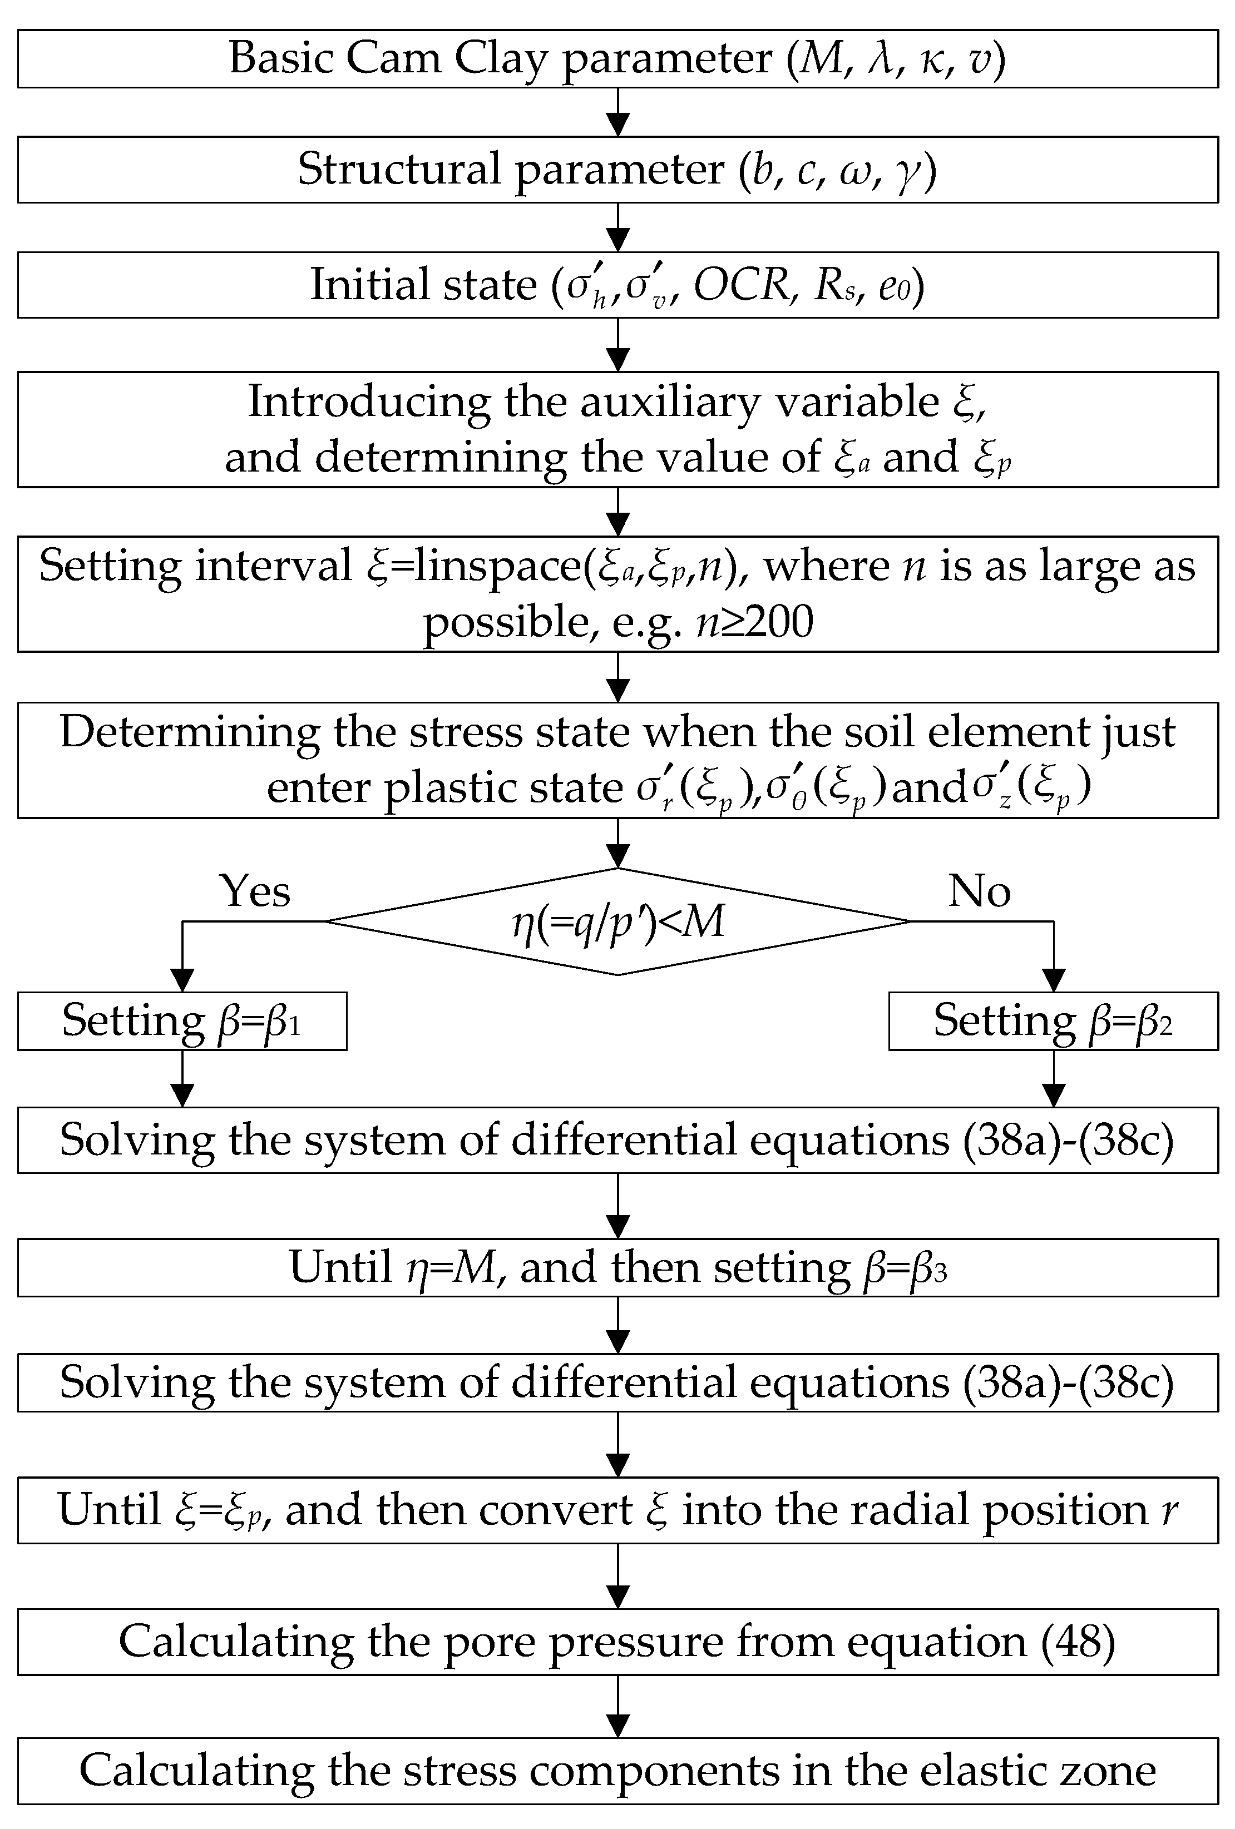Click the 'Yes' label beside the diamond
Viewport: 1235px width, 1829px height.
[254, 891]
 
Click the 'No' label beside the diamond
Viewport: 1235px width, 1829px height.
[979, 891]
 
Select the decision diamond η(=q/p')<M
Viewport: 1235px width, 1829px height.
[618, 921]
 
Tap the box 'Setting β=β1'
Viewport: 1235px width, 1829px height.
[182, 1022]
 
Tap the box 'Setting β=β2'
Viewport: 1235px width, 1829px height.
[1053, 1022]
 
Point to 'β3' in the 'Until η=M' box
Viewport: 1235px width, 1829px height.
[928, 1268]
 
